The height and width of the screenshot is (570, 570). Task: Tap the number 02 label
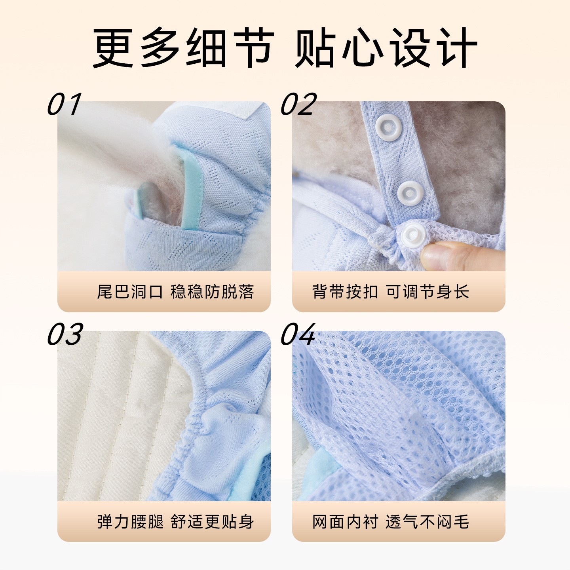(x=298, y=104)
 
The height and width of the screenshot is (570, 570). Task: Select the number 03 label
(x=65, y=334)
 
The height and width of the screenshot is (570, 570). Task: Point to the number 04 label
(x=298, y=334)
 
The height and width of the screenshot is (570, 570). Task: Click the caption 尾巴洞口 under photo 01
(x=130, y=292)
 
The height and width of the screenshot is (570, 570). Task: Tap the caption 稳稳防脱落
(x=212, y=292)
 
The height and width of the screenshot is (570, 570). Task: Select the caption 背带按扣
(x=345, y=292)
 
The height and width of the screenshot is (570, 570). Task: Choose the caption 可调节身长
(x=427, y=292)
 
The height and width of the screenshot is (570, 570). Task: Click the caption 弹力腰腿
(x=130, y=522)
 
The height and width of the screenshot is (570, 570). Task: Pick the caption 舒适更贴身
(x=212, y=522)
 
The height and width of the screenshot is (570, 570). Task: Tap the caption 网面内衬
(x=345, y=522)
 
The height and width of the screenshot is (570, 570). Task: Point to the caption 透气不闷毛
(x=427, y=522)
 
